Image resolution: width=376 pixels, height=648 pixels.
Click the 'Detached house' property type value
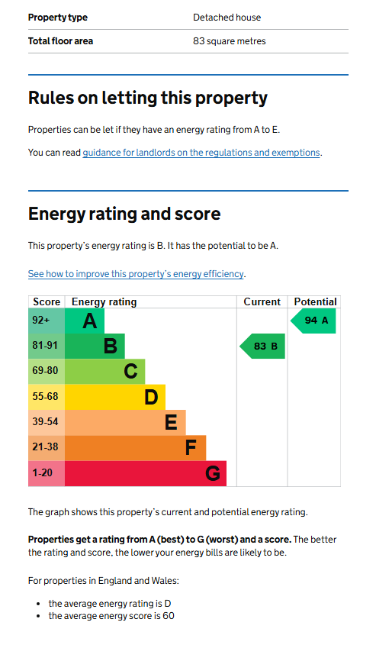click(227, 18)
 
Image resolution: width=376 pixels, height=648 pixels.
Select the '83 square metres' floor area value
click(229, 41)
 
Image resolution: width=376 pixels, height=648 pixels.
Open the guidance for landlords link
click(201, 153)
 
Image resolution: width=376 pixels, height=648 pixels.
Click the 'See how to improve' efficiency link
click(136, 274)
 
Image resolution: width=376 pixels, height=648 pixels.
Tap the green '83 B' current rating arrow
click(262, 347)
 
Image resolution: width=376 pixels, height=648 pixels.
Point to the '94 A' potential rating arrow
click(313, 321)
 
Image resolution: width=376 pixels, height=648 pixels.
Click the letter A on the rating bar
click(89, 321)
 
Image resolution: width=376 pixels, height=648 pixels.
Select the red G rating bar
click(146, 473)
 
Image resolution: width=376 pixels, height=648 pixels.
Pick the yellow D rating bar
click(115, 397)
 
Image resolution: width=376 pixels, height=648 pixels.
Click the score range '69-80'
click(45, 370)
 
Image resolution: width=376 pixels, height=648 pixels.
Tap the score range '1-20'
click(43, 472)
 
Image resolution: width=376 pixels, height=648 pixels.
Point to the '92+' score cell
click(47, 321)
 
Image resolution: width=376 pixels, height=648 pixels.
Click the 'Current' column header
click(262, 302)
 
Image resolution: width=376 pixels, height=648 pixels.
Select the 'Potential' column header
click(315, 302)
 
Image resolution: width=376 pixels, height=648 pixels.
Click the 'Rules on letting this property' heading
click(148, 98)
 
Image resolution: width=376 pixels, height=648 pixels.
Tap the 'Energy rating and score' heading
click(124, 214)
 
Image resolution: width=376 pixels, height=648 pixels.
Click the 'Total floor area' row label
click(60, 41)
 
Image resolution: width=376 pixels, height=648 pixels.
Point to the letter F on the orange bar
click(190, 447)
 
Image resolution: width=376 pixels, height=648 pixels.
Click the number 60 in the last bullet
click(169, 616)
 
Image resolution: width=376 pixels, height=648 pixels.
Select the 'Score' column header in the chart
click(47, 302)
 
